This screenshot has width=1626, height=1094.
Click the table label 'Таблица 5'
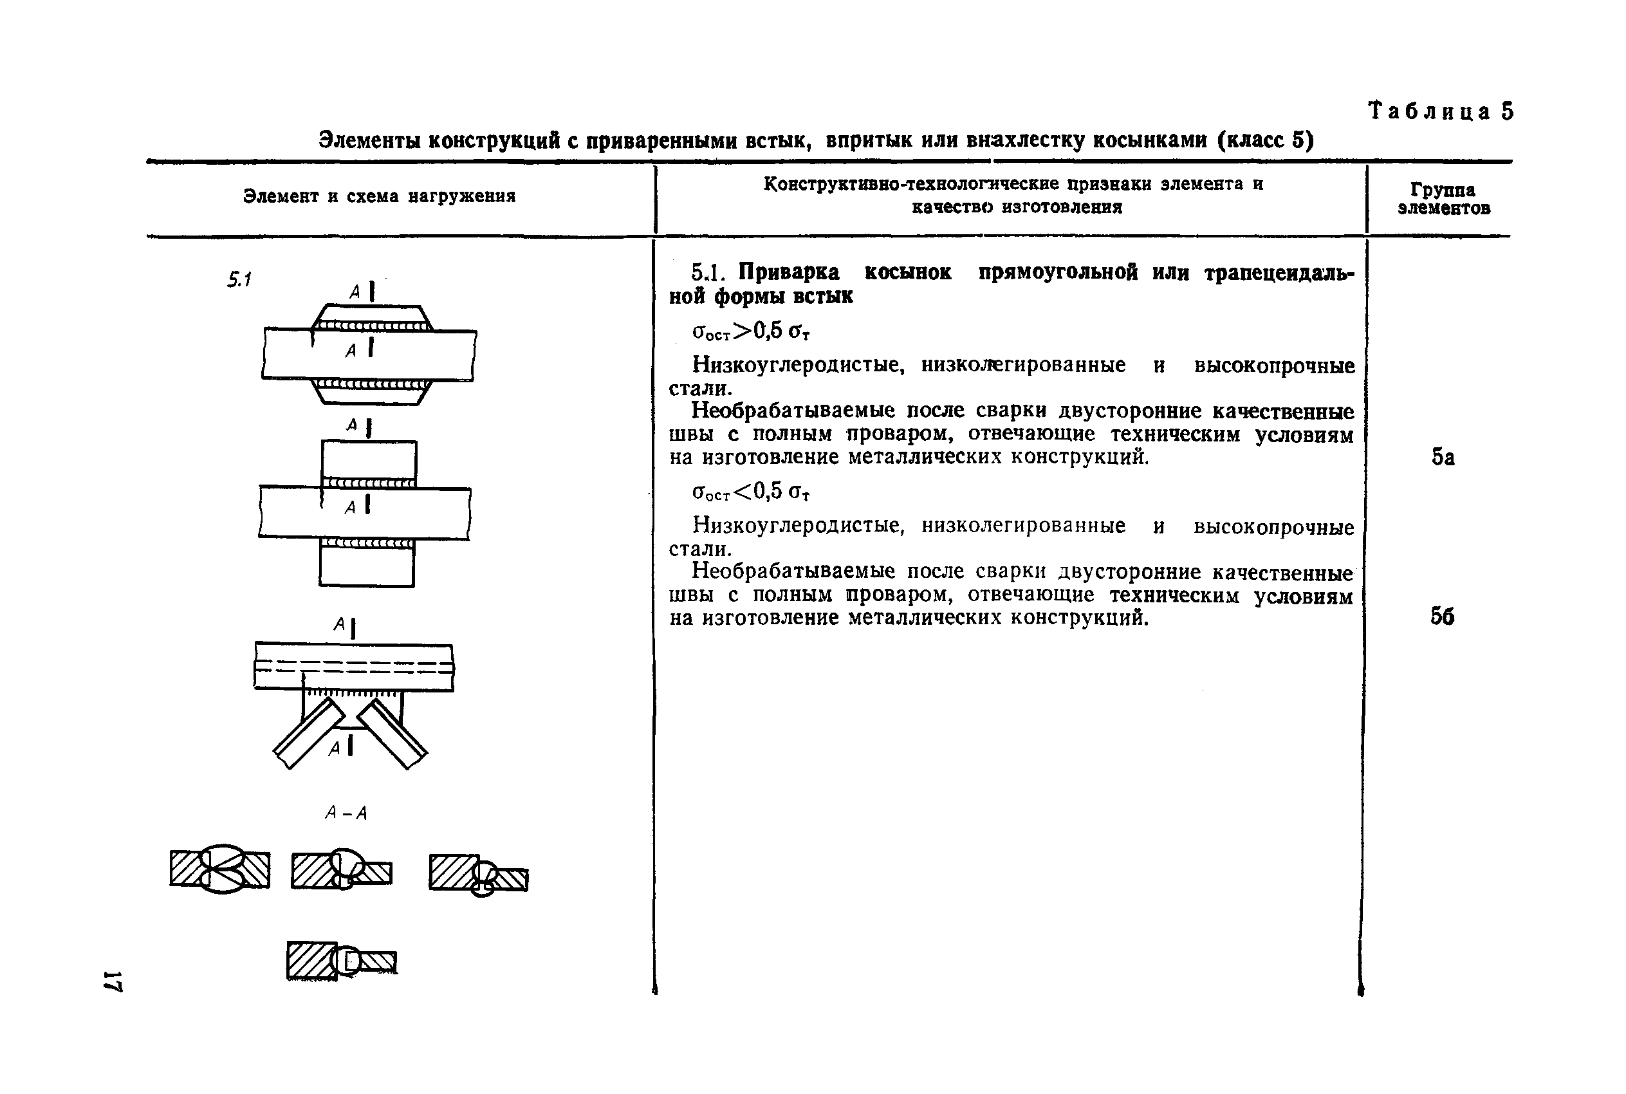[x=1441, y=111]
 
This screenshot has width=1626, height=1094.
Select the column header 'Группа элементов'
[x=1443, y=199]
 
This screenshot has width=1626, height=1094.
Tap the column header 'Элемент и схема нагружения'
[x=379, y=197]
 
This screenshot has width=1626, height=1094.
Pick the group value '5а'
[x=1443, y=457]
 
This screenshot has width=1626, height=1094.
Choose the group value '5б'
[x=1442, y=616]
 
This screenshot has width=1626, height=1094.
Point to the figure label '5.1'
[x=239, y=280]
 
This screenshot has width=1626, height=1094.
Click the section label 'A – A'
[x=346, y=813]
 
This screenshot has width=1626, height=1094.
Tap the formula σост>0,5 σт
[x=750, y=331]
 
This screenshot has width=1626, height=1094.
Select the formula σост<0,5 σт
[x=750, y=492]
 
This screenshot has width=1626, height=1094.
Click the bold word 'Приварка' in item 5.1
[x=789, y=272]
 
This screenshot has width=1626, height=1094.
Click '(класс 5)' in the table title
[x=1266, y=140]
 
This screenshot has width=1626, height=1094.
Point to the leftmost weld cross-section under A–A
[x=219, y=869]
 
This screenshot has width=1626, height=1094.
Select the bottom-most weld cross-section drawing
[x=341, y=961]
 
